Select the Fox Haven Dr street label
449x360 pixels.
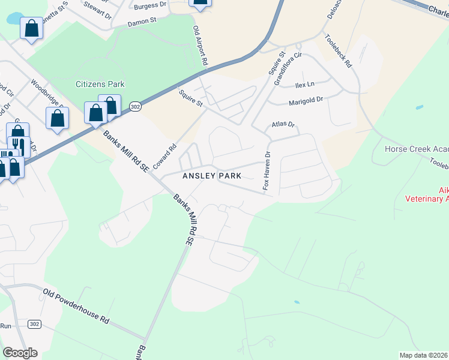(x=267, y=171)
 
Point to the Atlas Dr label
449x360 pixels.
(x=284, y=125)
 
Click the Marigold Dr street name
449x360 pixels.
(x=306, y=102)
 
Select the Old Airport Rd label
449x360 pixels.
(x=200, y=46)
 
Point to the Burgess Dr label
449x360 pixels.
(x=151, y=5)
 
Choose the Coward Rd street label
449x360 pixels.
(x=168, y=156)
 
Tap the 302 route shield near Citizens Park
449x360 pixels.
(x=134, y=106)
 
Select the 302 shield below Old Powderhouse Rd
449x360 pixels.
(x=35, y=324)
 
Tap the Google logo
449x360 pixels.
(x=20, y=353)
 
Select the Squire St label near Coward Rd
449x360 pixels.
(x=191, y=98)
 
